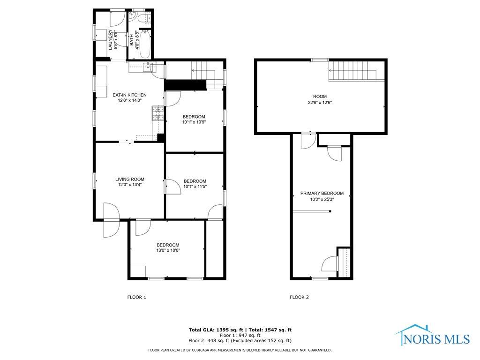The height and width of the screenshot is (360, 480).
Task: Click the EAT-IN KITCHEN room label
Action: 129,95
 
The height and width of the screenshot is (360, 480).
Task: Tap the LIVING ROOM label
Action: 130,180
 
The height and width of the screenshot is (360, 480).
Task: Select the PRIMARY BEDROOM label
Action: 322,193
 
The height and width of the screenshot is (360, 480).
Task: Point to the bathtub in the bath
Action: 145,44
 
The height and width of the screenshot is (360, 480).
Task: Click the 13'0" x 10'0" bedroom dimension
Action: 168,250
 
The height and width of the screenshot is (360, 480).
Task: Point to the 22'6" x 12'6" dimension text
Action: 320,103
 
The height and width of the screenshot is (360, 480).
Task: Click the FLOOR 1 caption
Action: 137,297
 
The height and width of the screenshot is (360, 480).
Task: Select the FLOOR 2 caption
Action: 300,297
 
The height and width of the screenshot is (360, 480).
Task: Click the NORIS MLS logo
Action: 433,336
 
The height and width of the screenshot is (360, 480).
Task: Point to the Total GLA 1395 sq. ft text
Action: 216,330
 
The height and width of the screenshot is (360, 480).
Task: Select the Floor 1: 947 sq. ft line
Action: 240,335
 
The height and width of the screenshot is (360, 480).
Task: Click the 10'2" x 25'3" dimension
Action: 322,199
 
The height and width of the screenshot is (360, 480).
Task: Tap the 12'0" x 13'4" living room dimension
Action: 130,185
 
